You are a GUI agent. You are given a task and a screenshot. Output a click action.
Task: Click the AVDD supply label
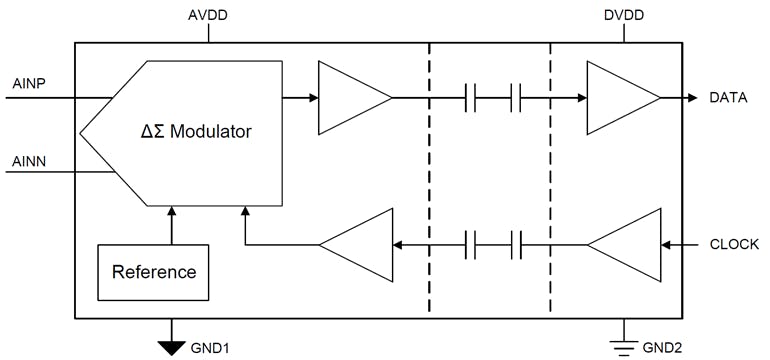point(207,16)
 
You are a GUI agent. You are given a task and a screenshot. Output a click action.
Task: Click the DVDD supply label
point(623,16)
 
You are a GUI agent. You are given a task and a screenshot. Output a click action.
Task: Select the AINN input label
point(27,160)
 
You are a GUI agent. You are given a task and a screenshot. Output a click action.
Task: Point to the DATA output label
point(729,98)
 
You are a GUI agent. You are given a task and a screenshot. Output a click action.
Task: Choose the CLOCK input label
point(734,244)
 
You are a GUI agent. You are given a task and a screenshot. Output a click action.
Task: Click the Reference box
point(153,272)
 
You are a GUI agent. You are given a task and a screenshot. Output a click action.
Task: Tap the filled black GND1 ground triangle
point(172,346)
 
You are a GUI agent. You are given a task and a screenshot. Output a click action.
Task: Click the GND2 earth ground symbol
point(624,344)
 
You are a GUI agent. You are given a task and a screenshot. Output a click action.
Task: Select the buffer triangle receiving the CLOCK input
point(627,244)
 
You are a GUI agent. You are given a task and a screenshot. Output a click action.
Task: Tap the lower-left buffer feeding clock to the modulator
point(357,244)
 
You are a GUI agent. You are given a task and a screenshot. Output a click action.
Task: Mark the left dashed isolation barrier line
point(429,180)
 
